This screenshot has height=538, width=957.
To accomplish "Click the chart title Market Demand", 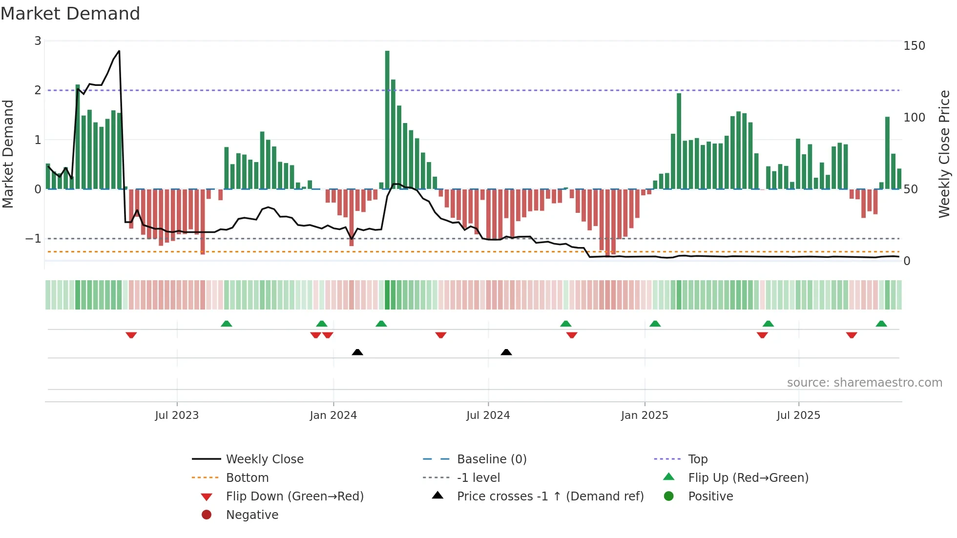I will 70,14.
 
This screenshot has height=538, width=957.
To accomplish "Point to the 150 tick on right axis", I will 914,46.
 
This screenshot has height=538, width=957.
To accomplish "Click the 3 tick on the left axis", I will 38,41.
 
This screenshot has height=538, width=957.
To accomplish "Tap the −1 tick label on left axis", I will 33,239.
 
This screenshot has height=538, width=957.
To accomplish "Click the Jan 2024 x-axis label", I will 333,415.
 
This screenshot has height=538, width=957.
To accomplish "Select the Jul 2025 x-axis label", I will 798,415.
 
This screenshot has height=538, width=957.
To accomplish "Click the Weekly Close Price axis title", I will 944,154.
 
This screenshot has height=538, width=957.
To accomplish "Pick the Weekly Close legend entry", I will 264,459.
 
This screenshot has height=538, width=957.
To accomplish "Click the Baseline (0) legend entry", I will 491,459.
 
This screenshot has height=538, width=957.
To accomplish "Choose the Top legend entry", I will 697,459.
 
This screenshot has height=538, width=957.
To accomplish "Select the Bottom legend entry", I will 247,478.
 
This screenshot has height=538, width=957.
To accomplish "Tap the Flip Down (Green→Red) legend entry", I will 294,497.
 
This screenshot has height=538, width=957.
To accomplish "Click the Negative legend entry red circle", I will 207,515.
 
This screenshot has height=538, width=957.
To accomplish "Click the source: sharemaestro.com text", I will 864,383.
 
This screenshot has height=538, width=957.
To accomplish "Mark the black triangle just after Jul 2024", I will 506,352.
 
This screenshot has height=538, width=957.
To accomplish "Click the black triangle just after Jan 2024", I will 357,352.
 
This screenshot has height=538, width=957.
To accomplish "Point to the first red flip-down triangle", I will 131,335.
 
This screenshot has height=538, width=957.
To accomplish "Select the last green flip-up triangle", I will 881,324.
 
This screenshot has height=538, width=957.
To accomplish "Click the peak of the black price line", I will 119,51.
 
